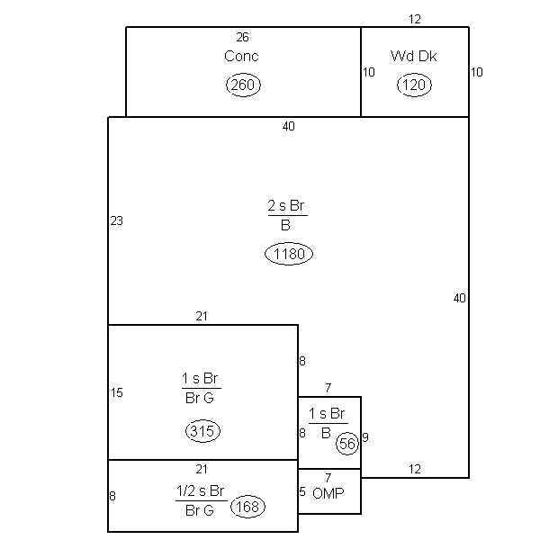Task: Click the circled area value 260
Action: pos(243,85)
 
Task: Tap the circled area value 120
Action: pos(414,85)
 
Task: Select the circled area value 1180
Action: pos(289,254)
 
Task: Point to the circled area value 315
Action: pos(202,431)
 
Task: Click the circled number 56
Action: pos(347,444)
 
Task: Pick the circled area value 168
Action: pos(247,507)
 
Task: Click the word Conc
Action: pos(241,56)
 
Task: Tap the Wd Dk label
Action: pos(414,56)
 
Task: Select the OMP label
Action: pos(328,493)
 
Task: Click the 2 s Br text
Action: pos(286,205)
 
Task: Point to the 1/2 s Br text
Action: pos(200,490)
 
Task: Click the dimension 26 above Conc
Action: pos(242,37)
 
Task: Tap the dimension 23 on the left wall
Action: pos(116,220)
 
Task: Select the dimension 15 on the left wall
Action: pos(117,392)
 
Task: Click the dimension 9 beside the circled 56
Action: pos(365,437)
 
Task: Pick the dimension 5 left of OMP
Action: pos(302,491)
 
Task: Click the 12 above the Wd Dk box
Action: pos(415,19)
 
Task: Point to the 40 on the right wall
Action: pos(459,298)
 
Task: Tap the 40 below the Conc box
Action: pos(289,126)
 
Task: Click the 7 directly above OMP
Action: pos(328,478)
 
